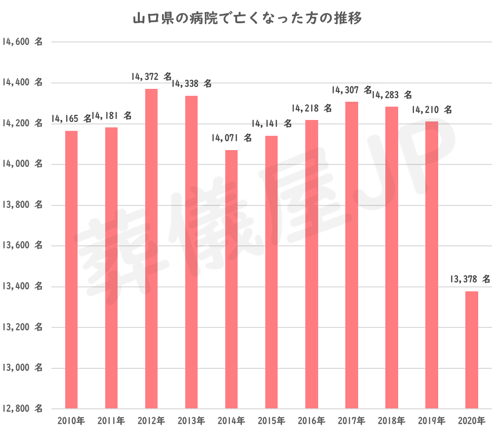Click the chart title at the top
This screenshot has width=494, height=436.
(247, 19)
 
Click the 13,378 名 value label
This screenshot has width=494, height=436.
(470, 279)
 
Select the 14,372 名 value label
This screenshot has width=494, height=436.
(152, 77)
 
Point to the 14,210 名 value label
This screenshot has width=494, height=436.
(432, 110)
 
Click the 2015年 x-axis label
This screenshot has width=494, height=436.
(271, 421)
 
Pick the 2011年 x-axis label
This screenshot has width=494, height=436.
(111, 421)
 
